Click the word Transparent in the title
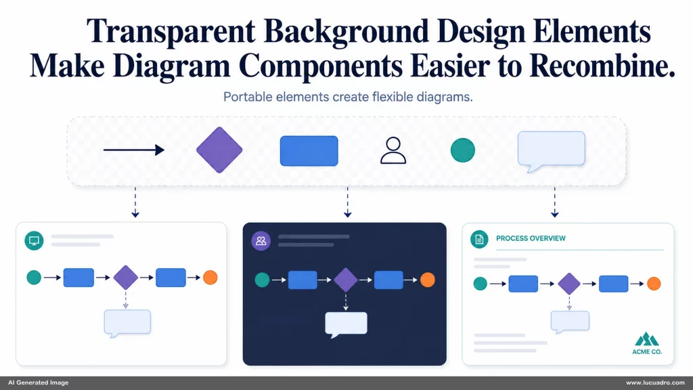pos(171,32)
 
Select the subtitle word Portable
pos(248,97)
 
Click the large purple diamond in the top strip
pos(219,150)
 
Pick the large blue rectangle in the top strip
pos(309,151)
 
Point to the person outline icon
pos(393,150)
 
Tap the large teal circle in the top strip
pos(463,150)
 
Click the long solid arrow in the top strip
pos(134,150)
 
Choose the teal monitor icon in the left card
pos(34,240)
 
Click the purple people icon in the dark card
pos(261,241)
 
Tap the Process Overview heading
pos(531,238)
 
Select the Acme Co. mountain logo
pos(646,339)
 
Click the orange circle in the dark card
pos(428,280)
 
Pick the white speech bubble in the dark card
pos(346,324)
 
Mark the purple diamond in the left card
pos(125,277)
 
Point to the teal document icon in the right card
pos(479,239)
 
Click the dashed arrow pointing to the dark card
pos(347,202)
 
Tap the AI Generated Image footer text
pos(39,383)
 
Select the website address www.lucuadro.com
pos(655,383)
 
